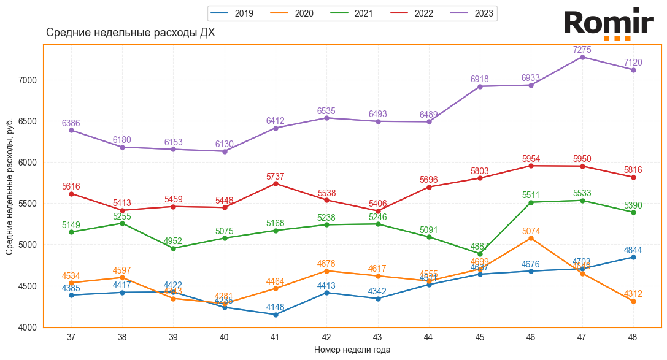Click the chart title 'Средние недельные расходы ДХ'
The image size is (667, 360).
pos(131,33)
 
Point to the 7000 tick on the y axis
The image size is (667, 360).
pos(29,80)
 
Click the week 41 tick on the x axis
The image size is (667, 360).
pos(276,337)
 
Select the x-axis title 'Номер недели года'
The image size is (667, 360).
pos(352,350)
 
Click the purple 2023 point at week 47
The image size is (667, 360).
pos(582,57)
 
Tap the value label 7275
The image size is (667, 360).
pos(582,50)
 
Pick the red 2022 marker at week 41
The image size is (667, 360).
pos(276,183)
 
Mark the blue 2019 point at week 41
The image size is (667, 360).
pos(276,315)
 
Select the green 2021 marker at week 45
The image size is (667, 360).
pos(480,253)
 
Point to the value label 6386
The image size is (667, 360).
pos(71,123)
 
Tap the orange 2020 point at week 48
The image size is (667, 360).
pos(633,301)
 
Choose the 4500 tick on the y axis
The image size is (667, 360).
pos(29,286)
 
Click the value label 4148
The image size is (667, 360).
pos(276,307)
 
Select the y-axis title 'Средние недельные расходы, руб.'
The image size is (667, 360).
pos(9,188)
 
